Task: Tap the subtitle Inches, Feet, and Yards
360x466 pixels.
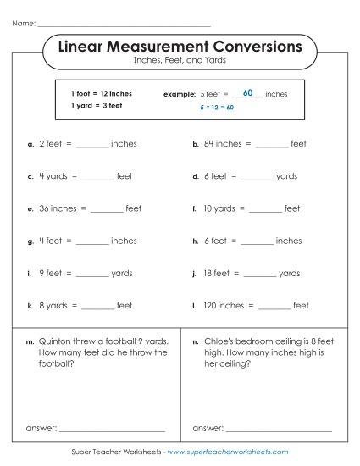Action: (180, 61)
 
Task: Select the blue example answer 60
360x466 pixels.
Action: (247, 92)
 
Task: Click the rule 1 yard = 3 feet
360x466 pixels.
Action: (97, 106)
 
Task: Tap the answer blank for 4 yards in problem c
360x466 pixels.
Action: (97, 177)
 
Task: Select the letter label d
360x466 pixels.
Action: (195, 177)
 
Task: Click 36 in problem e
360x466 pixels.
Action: (44, 208)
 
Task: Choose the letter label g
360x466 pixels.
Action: (30, 241)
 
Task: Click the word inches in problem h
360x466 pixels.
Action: (289, 241)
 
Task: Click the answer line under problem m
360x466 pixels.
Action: (112, 430)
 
